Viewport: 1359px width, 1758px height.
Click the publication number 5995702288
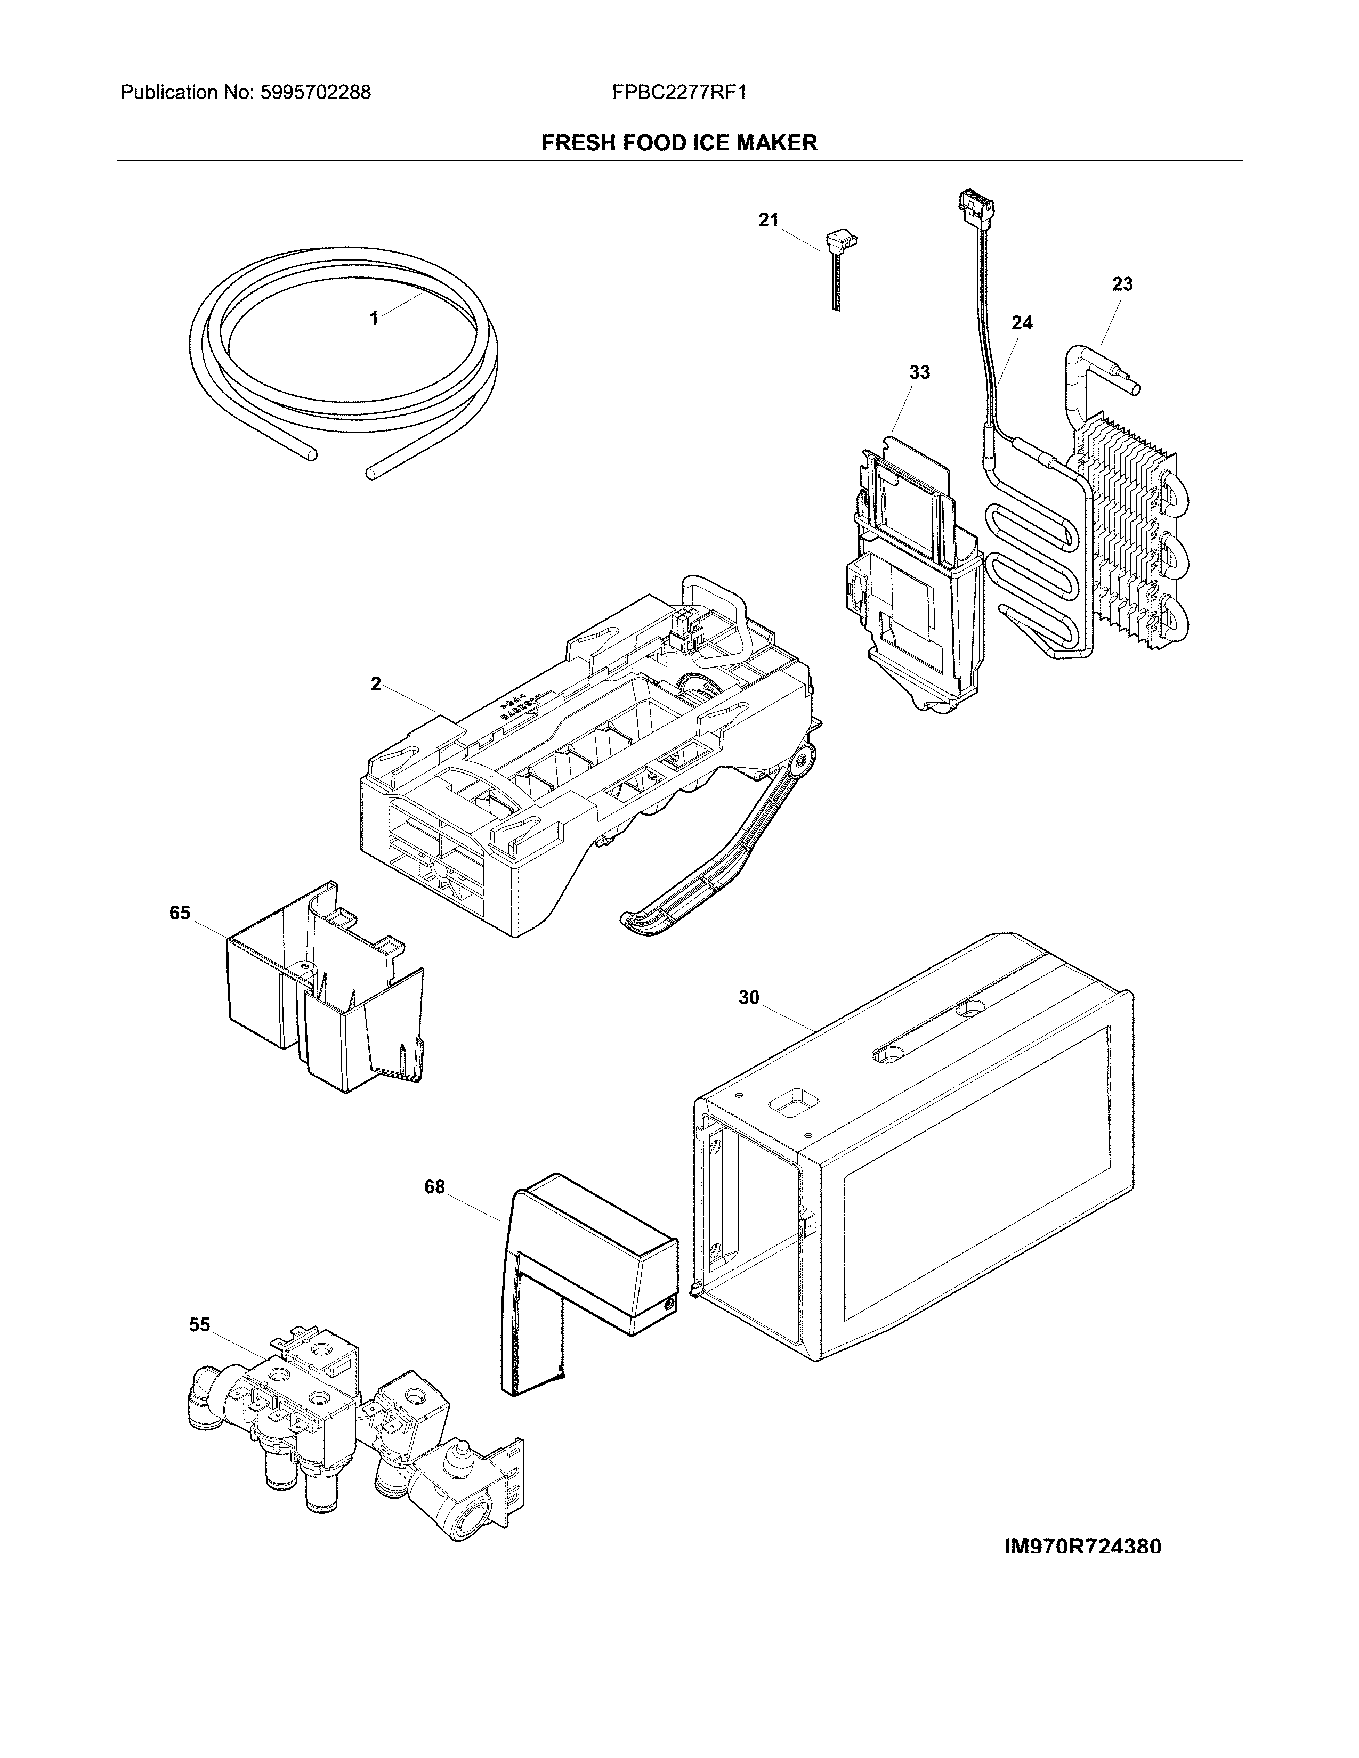[316, 93]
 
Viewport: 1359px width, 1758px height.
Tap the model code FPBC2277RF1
[678, 93]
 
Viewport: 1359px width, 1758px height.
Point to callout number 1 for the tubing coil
[374, 319]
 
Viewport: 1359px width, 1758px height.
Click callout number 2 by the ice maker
[376, 684]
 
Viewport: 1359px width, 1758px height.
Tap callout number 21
[769, 219]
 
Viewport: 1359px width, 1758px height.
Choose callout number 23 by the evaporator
[1122, 284]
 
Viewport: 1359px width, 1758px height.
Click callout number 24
[1022, 323]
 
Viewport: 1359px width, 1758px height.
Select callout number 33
[919, 373]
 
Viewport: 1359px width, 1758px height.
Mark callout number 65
[180, 913]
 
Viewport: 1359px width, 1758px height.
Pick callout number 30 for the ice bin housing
[749, 998]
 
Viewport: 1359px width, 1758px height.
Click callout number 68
[435, 1187]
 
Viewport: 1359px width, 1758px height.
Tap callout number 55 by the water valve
[200, 1325]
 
